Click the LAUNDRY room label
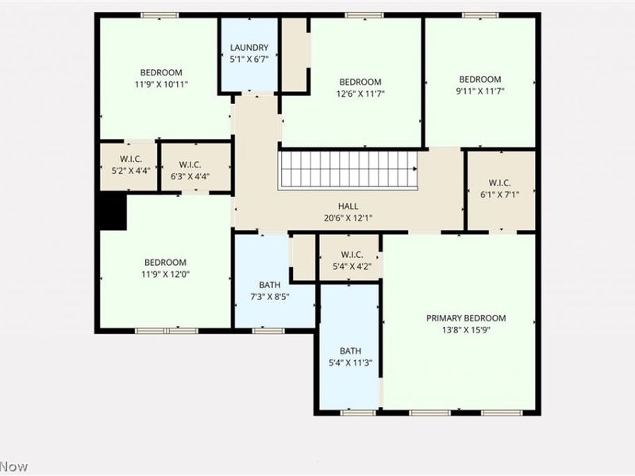249,48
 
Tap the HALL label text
348,206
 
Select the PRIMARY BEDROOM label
466,318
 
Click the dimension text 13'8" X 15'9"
466,330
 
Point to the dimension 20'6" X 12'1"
348,218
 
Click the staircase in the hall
348,170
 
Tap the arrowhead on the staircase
415,168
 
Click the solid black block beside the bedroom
113,212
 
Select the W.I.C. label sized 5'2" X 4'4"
131,159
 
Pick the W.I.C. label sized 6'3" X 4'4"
190,165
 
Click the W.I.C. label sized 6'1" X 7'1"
500,182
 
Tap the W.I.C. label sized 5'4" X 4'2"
352,255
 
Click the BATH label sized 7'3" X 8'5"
270,285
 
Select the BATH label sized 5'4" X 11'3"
350,351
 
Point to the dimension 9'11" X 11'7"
480,91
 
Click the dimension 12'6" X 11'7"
360,94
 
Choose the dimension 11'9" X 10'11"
162,85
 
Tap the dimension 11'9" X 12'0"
165,274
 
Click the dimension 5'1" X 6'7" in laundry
249,59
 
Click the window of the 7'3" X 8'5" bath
268,331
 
